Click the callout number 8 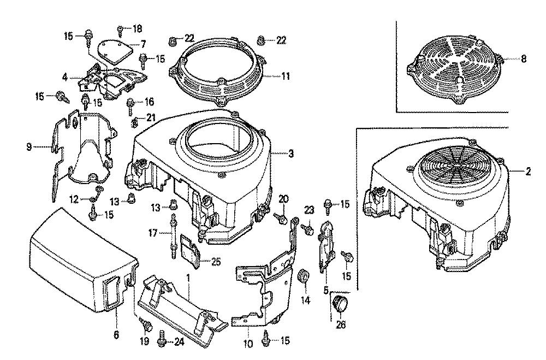[524, 59]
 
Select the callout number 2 [528, 172]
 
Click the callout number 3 [291, 155]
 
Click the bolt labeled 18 [121, 28]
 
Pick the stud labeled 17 [173, 235]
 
